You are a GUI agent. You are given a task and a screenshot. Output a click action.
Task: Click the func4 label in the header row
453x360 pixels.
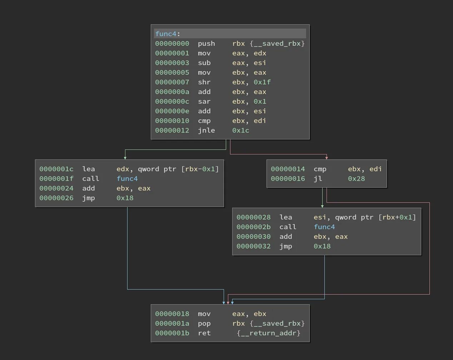pyautogui.click(x=166, y=34)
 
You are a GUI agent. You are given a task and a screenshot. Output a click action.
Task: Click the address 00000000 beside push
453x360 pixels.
pyautogui.click(x=172, y=44)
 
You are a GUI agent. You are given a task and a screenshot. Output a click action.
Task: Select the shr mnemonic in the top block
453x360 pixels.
pyautogui.click(x=204, y=82)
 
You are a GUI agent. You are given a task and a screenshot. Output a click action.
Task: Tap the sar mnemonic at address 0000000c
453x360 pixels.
pyautogui.click(x=204, y=102)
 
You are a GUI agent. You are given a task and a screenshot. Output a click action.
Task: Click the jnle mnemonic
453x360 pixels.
pyautogui.click(x=206, y=130)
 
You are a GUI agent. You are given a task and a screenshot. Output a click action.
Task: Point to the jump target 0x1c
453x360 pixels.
pyautogui.click(x=240, y=130)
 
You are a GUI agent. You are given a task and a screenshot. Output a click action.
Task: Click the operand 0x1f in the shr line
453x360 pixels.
pyautogui.click(x=262, y=82)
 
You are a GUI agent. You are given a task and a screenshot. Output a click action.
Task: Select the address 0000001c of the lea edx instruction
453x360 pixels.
pyautogui.click(x=56, y=169)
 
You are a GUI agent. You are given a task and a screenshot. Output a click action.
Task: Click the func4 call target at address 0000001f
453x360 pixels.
pyautogui.click(x=127, y=179)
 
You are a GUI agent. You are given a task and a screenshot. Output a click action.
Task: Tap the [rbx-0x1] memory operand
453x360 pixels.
pyautogui.click(x=200, y=169)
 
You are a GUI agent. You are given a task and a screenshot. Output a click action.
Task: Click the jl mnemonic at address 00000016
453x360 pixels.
pyautogui.click(x=318, y=179)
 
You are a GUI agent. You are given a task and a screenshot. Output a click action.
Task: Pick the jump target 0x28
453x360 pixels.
pyautogui.click(x=356, y=179)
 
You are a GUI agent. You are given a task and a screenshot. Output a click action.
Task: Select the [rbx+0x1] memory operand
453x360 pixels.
pyautogui.click(x=397, y=217)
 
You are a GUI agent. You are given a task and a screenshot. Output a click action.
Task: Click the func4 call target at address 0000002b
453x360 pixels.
pyautogui.click(x=324, y=227)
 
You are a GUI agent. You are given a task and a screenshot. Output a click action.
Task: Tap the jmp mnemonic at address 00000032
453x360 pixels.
pyautogui.click(x=285, y=246)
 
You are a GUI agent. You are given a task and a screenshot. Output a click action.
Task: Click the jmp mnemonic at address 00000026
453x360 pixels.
pyautogui.click(x=88, y=198)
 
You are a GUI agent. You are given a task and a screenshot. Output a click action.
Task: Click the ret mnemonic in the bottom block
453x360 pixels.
pyautogui.click(x=204, y=333)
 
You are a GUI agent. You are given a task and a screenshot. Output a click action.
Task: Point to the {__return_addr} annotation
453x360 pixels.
pyautogui.click(x=268, y=333)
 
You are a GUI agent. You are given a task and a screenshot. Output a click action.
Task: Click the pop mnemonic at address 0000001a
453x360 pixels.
pyautogui.click(x=204, y=324)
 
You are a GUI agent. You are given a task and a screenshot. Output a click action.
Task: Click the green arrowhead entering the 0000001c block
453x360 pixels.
pyautogui.click(x=125, y=158)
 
